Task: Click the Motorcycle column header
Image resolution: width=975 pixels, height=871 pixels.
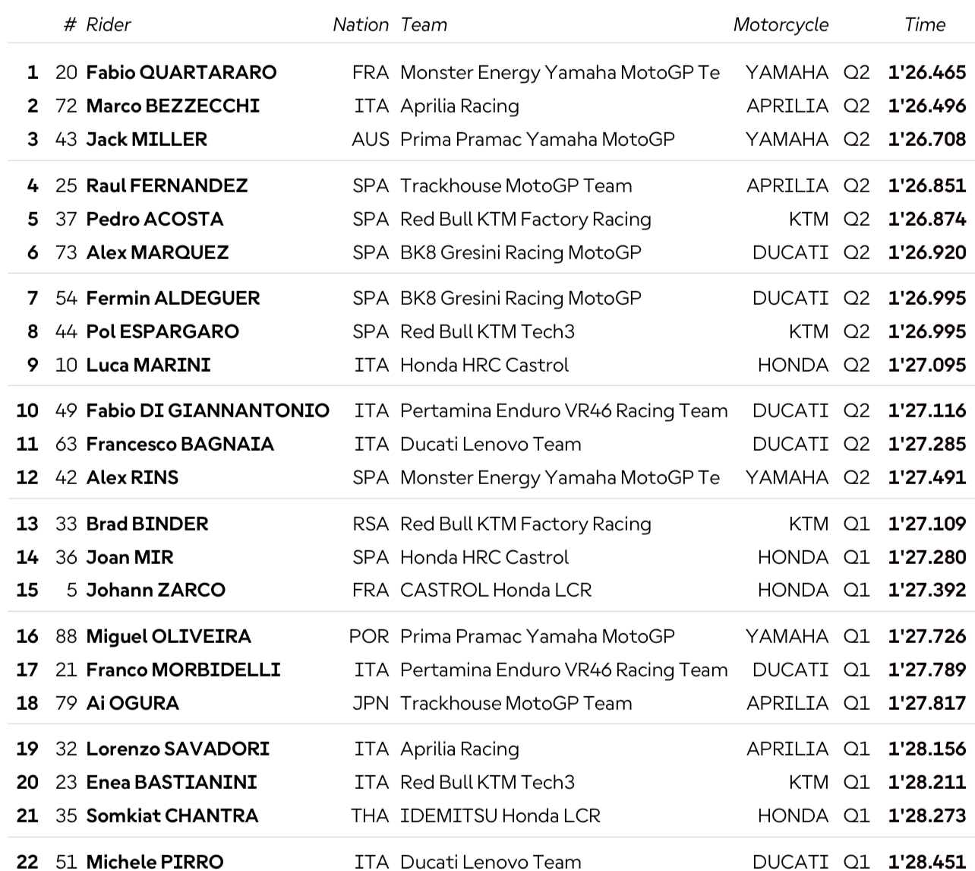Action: tap(780, 25)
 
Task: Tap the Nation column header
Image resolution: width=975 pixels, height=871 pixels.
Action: tap(360, 25)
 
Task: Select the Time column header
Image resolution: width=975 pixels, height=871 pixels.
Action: tap(924, 25)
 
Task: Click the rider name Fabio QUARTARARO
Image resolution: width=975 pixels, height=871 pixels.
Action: tap(181, 73)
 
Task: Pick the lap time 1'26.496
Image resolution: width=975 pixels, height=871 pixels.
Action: tap(926, 106)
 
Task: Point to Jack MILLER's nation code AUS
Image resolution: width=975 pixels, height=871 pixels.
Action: tap(370, 140)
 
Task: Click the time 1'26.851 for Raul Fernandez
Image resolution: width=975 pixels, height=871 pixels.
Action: tap(926, 186)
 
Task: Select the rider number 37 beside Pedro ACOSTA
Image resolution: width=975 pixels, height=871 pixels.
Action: tap(66, 220)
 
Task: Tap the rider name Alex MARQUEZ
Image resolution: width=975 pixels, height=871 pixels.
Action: tap(157, 253)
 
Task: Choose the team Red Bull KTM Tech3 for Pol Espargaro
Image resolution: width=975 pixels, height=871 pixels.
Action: tap(487, 332)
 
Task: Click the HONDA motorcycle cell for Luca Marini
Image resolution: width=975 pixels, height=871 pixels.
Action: tap(792, 366)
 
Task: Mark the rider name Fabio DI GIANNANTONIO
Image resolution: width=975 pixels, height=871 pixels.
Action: tap(207, 411)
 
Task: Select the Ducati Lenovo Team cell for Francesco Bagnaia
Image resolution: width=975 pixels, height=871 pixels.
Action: tap(490, 445)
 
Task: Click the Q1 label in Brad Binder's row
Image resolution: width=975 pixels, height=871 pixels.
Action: tap(856, 524)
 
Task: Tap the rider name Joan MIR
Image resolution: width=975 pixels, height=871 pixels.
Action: tap(129, 558)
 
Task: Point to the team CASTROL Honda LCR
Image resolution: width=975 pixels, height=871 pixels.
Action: tap(495, 591)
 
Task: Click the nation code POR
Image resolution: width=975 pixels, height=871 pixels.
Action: tap(368, 637)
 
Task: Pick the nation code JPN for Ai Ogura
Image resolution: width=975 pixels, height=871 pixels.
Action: tap(370, 704)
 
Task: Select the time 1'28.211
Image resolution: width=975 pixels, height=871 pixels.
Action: tap(926, 783)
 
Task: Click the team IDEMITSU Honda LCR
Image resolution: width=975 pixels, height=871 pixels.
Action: tap(500, 816)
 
